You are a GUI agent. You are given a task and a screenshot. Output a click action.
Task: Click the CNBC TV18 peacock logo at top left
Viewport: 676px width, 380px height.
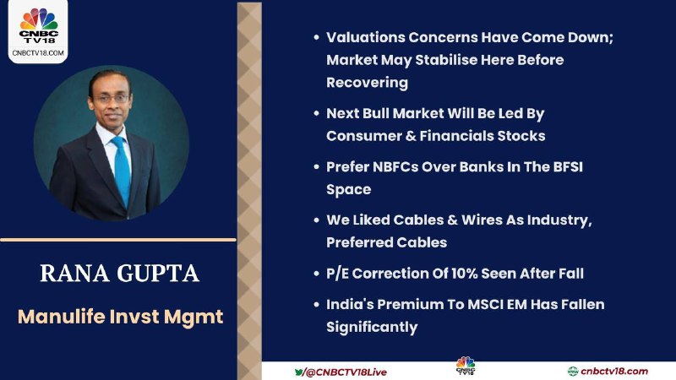pyautogui.click(x=38, y=25)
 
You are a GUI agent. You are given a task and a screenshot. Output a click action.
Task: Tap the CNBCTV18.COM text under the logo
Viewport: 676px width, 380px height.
pyautogui.click(x=38, y=53)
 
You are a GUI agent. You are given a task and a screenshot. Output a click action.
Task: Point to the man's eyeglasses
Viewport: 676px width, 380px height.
pyautogui.click(x=110, y=98)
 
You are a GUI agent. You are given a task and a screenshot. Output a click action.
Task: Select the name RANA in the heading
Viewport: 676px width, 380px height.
pyautogui.click(x=74, y=273)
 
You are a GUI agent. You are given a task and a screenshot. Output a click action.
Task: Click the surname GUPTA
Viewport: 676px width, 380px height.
pyautogui.click(x=158, y=273)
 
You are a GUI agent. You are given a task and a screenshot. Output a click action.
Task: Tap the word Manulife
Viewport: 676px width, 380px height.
pyautogui.click(x=61, y=317)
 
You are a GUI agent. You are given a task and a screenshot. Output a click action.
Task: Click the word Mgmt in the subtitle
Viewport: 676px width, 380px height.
pyautogui.click(x=194, y=317)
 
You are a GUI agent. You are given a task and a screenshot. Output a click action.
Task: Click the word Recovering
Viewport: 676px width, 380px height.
pyautogui.click(x=367, y=83)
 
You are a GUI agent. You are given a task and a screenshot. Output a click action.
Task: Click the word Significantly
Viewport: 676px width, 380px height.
pyautogui.click(x=372, y=327)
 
